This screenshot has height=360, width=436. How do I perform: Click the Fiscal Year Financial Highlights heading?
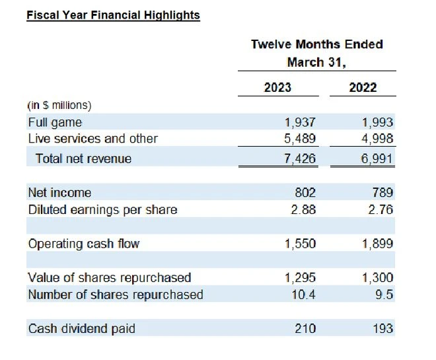(x=113, y=15)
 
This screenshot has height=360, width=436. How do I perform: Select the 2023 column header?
(x=277, y=87)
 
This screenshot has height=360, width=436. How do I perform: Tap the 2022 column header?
(x=363, y=87)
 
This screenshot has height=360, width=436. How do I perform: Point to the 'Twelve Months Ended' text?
(x=316, y=44)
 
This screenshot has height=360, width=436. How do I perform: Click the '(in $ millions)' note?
(x=59, y=105)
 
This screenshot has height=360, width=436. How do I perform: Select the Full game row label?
(x=55, y=122)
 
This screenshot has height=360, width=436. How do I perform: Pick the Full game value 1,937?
(x=300, y=122)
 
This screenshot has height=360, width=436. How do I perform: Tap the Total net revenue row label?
(x=83, y=159)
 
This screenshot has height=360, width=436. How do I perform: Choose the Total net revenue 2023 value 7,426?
(x=300, y=159)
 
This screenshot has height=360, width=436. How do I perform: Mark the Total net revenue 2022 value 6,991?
(x=377, y=159)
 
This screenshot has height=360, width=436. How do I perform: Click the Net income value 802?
(x=305, y=193)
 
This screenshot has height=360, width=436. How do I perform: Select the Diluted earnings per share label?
(x=102, y=209)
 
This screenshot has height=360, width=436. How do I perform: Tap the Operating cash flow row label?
(x=84, y=244)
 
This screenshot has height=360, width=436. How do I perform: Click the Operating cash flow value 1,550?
(x=300, y=244)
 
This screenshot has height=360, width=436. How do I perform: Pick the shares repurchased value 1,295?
(x=300, y=277)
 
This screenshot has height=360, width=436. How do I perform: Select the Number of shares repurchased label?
(x=116, y=295)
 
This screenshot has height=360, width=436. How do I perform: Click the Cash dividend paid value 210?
(x=305, y=328)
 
